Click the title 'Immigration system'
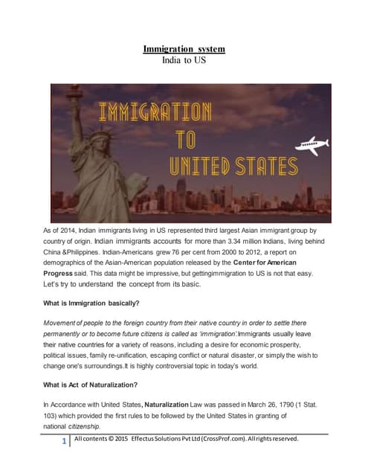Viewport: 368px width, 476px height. pyautogui.click(x=184, y=49)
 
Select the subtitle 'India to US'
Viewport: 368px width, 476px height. pyautogui.click(x=184, y=61)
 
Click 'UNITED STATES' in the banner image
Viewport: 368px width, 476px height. pyautogui.click(x=233, y=165)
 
